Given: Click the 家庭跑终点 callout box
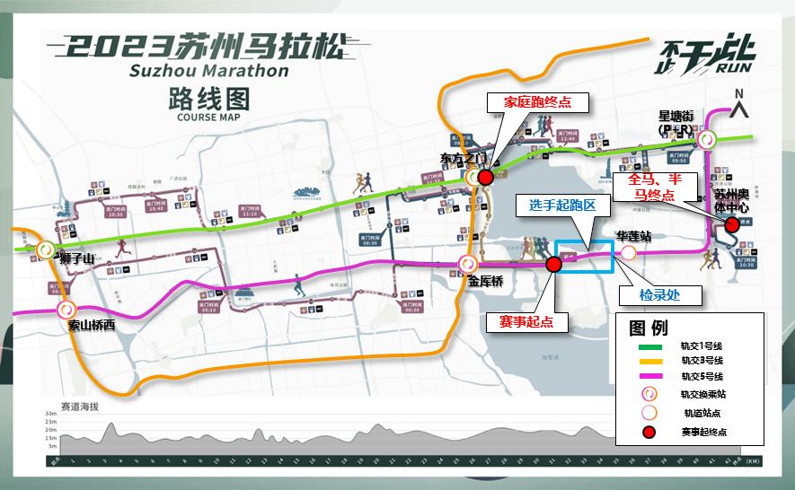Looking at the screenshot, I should tap(537, 102).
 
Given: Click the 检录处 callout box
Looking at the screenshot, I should tap(658, 293).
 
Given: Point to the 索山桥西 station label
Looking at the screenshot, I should tap(92, 325).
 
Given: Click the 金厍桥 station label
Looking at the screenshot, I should tap(485, 281).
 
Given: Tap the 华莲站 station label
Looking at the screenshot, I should tap(633, 236).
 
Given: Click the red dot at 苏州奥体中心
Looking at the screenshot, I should tap(732, 224).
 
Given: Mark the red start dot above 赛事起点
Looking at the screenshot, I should tap(553, 264).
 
